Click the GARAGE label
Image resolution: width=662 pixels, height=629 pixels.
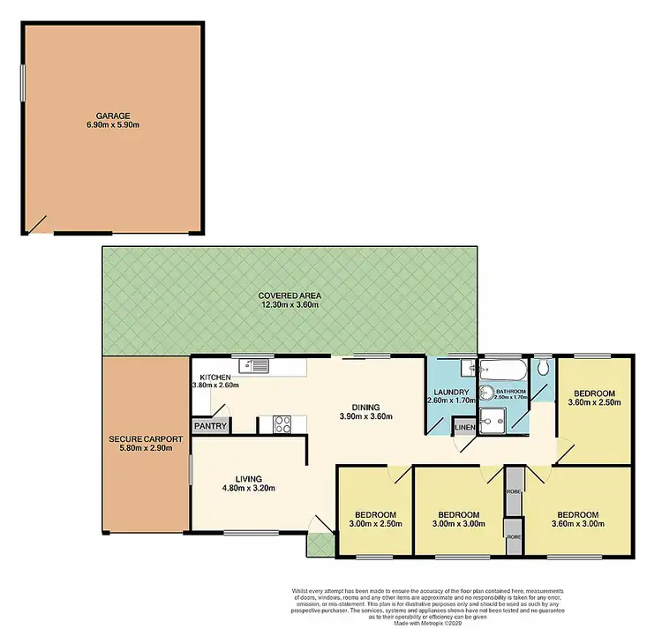click(112, 115)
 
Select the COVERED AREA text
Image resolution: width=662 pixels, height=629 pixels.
click(289, 295)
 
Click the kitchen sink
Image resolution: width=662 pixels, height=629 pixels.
click(255, 364)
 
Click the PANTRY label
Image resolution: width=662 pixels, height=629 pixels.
click(212, 427)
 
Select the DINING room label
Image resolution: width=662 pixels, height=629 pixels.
click(365, 407)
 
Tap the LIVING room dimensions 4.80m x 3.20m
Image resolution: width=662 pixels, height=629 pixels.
click(250, 487)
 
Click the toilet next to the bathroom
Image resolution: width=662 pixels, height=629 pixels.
click(543, 367)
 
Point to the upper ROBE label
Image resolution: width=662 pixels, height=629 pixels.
click(514, 491)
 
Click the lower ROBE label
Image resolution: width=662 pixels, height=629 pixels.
click(514, 535)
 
